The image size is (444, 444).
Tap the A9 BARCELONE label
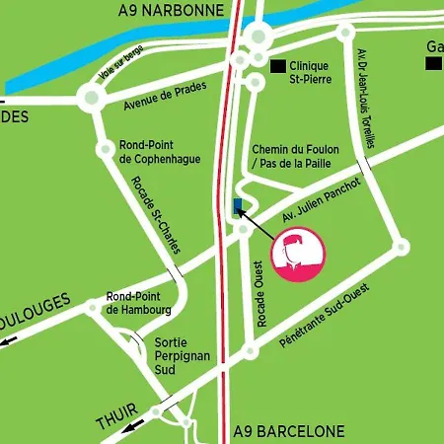(x=289, y=432)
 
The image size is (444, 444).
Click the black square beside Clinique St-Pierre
(x=278, y=66)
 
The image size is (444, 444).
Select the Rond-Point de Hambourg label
(x=139, y=303)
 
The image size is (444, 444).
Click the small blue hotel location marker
(x=237, y=205)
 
